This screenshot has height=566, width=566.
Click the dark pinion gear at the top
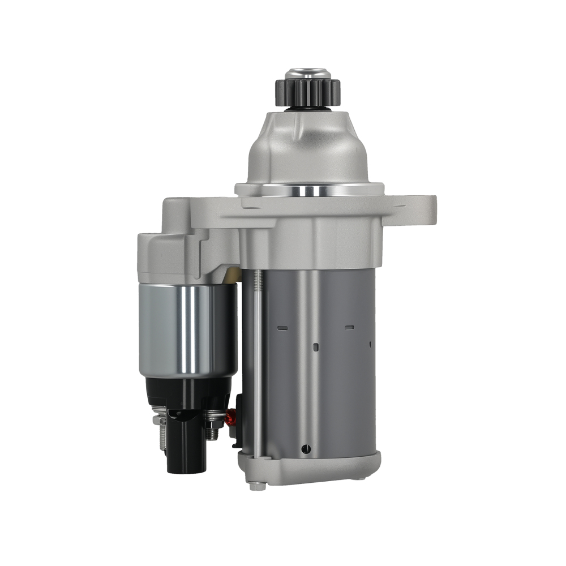(307, 92)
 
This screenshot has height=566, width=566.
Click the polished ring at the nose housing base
(309, 190)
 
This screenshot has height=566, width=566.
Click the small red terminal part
(230, 419)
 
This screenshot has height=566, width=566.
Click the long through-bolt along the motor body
(257, 362)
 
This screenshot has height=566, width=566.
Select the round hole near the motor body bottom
(306, 449)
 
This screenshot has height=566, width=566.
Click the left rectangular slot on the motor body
(282, 328)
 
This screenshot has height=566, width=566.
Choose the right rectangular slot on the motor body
(349, 327)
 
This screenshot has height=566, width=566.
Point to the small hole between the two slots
(316, 346)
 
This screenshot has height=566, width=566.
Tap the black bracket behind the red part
(238, 419)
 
